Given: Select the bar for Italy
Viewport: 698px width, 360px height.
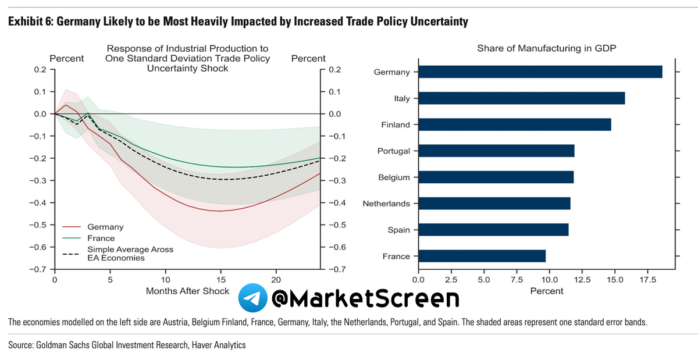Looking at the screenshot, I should (x=521, y=98).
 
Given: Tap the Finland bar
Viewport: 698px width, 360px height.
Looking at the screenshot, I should (x=514, y=124).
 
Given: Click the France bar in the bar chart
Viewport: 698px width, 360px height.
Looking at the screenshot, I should (x=482, y=256).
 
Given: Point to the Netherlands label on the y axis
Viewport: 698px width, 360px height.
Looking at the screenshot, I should (x=386, y=204).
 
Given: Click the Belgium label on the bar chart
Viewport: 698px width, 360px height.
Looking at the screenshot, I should (x=394, y=177).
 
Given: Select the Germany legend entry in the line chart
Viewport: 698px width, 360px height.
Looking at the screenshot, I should (x=105, y=227).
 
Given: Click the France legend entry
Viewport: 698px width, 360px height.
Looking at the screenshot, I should (x=101, y=238).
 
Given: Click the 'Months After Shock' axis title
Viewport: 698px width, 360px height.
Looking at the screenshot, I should (x=188, y=291).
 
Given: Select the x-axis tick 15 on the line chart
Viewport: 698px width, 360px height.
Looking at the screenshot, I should (x=220, y=279).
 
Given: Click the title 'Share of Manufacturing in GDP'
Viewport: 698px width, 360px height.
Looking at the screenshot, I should (x=546, y=48).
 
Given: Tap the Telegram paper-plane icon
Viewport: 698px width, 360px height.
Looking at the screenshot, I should (x=251, y=298).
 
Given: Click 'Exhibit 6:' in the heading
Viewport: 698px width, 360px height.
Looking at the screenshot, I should (x=27, y=22).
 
